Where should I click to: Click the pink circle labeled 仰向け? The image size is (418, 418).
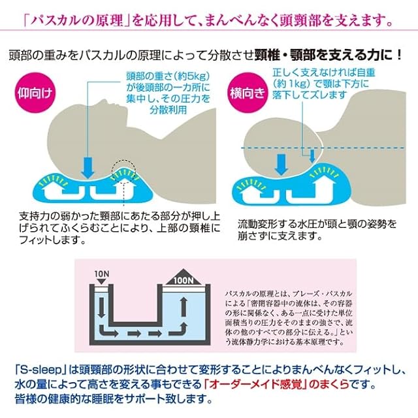pyautogui.click(x=33, y=93)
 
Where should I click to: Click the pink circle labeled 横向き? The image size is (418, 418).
pyautogui.click(x=248, y=93)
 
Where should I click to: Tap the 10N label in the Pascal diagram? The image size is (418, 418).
pyautogui.click(x=102, y=274)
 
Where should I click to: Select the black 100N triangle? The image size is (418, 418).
pyautogui.click(x=184, y=277)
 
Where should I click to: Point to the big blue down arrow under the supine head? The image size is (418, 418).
pyautogui.click(x=88, y=167)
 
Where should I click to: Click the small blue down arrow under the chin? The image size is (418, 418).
pyautogui.click(x=312, y=156)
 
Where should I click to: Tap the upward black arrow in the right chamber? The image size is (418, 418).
pyautogui.click(x=183, y=307)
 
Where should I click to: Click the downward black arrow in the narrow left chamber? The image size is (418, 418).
pyautogui.click(x=101, y=307)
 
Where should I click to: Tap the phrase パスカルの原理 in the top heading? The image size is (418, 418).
pyautogui.click(x=76, y=21)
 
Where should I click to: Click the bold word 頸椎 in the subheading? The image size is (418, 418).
pyautogui.click(x=267, y=55)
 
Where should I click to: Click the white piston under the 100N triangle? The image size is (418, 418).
pyautogui.click(x=184, y=287)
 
